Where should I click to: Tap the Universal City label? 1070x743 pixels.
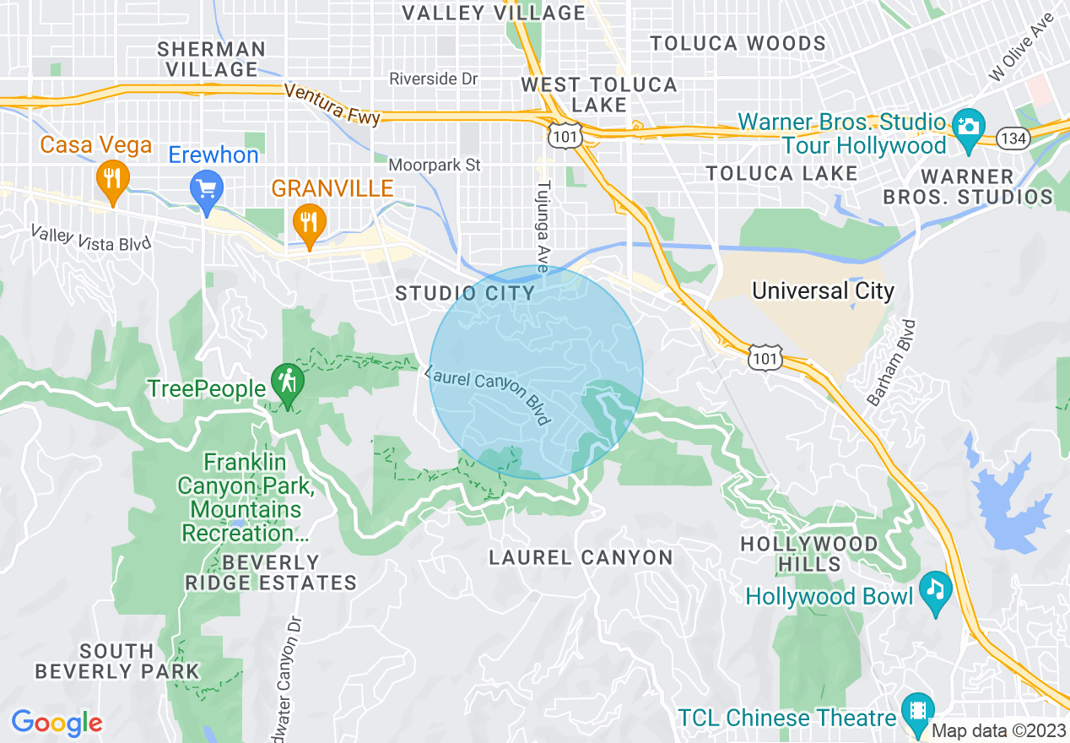pos(823,291)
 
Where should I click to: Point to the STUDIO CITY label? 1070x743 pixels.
pos(466,294)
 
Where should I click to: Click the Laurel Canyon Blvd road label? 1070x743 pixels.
pos(489,395)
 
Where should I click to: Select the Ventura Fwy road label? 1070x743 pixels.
pos(332,103)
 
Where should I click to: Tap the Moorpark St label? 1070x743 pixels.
pos(435,165)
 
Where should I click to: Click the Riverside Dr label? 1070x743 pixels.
pos(434,79)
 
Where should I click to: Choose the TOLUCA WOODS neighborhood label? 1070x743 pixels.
pos(738,43)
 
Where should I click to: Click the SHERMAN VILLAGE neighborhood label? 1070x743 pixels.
pos(212,59)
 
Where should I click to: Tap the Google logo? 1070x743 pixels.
pos(57,723)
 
